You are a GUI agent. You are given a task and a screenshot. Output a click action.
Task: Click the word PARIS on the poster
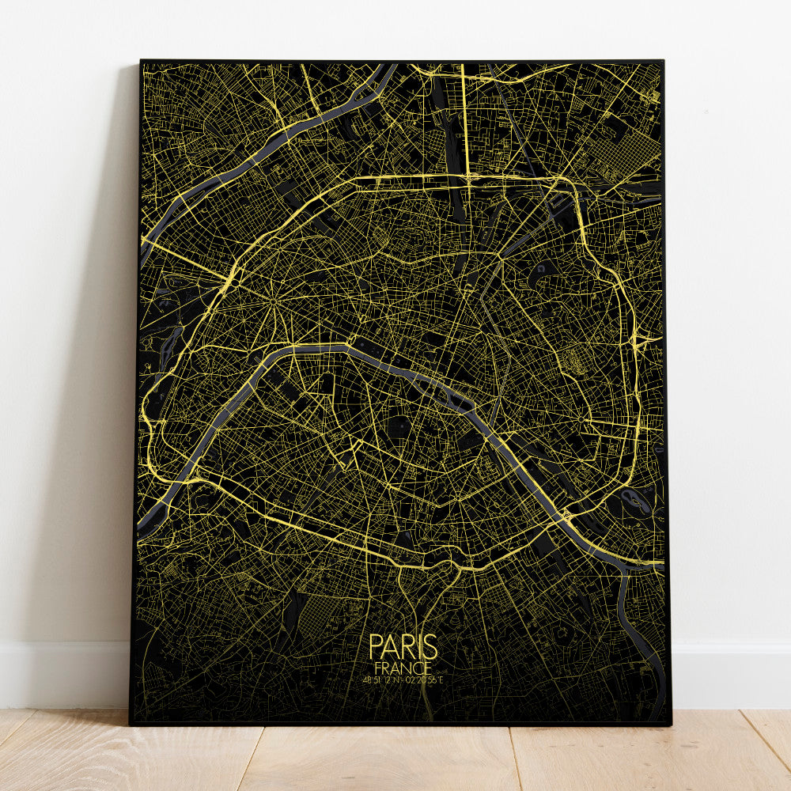click(x=403, y=646)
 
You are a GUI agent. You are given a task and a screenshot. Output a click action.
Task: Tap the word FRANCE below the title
click(x=403, y=668)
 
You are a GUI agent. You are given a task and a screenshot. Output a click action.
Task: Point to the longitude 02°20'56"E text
click(x=422, y=679)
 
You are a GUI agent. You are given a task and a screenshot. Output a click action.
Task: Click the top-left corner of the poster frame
click(x=141, y=61)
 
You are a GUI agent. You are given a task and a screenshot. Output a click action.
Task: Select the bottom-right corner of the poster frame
click(x=670, y=723)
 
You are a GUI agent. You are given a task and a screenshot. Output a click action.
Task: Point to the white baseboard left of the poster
click(x=63, y=672)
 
